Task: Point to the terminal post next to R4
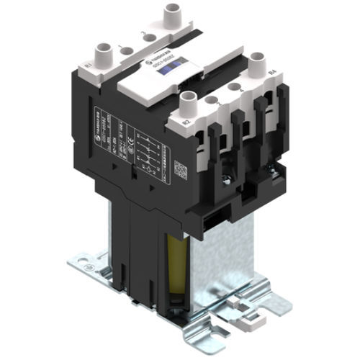click(x=257, y=69)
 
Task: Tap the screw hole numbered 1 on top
click(x=125, y=51)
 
